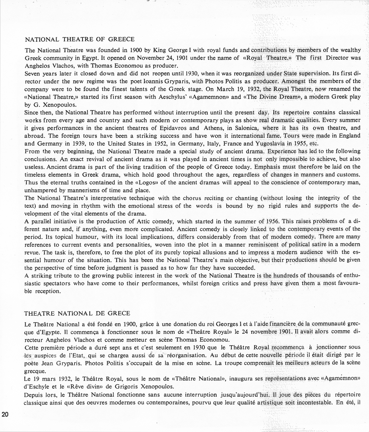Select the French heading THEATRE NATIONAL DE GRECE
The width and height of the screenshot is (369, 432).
[x=77, y=313]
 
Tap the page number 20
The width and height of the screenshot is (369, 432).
[x=5, y=414]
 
